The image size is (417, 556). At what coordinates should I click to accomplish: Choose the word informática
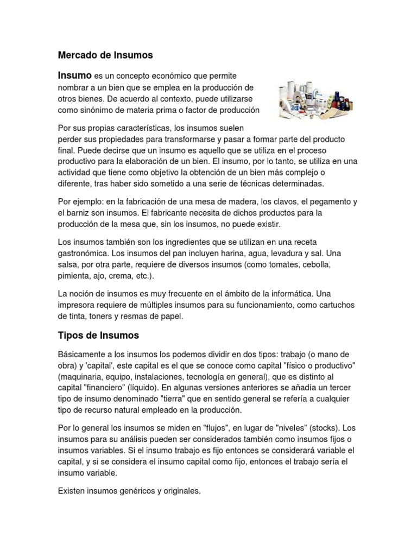pyautogui.click(x=285, y=293)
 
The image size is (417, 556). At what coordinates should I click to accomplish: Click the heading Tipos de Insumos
pyautogui.click(x=98, y=335)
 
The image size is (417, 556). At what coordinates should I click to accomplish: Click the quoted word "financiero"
pyautogui.click(x=115, y=389)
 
